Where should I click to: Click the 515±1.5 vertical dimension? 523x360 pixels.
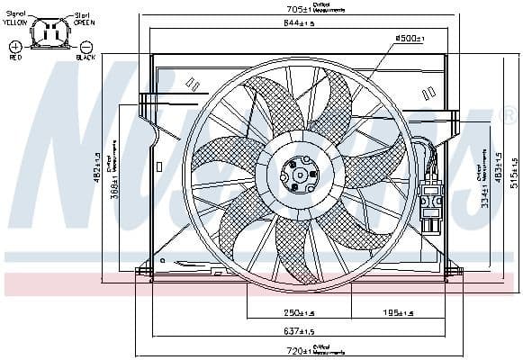pos(514,166)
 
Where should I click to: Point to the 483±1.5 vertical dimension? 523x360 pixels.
pos(497,167)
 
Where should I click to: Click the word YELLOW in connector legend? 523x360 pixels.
pos(16,22)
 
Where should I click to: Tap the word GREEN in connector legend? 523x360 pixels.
pos(84,22)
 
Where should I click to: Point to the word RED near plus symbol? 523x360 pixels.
pos(15,56)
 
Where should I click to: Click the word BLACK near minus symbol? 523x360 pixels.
pos(86,57)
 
